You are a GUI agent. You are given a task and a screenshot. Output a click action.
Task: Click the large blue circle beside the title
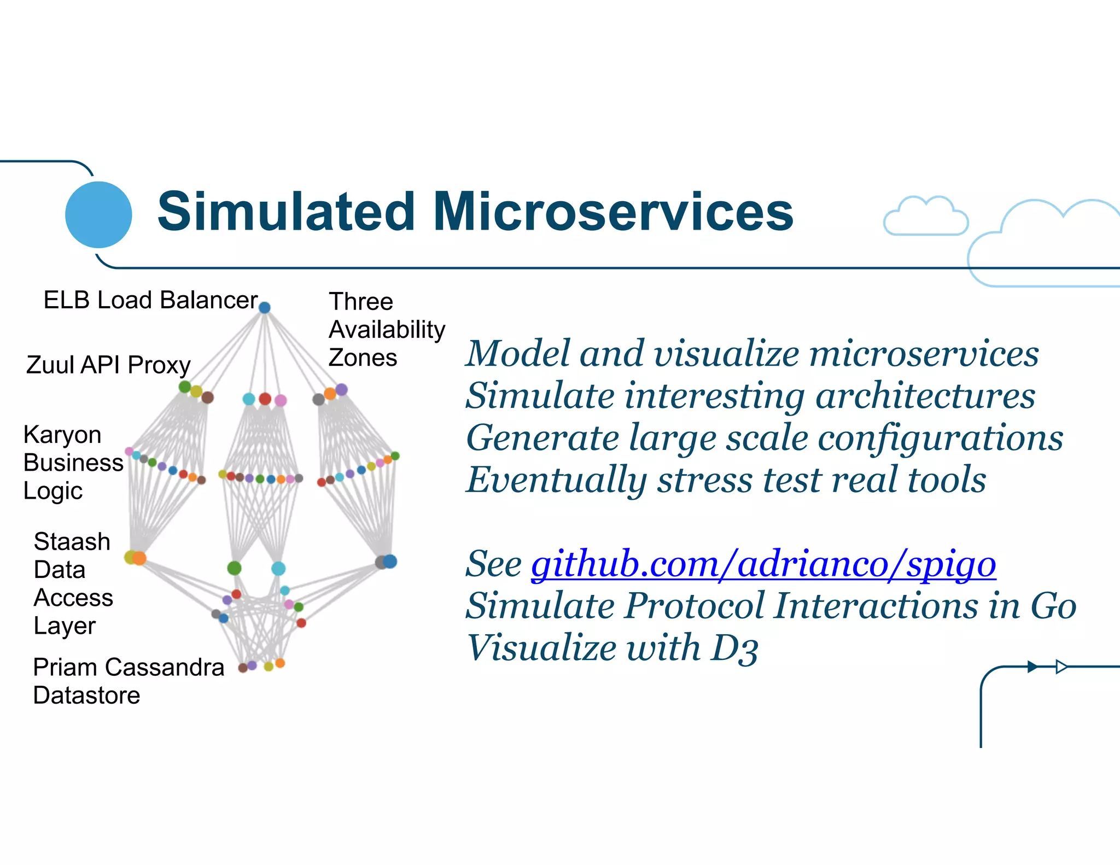coord(98,214)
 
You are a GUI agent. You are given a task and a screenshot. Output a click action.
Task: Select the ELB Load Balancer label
coord(150,300)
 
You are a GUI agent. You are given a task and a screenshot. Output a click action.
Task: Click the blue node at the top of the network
coord(265,307)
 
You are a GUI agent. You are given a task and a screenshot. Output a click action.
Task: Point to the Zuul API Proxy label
coord(108,365)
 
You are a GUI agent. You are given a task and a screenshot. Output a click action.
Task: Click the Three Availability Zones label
coord(386,330)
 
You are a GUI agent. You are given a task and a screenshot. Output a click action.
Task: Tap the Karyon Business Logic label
coord(72,463)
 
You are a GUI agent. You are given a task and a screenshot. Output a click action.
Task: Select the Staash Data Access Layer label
coord(73,583)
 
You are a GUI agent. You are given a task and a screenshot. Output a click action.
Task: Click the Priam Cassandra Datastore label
coord(128,681)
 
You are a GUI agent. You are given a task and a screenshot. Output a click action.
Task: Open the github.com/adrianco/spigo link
coord(763,564)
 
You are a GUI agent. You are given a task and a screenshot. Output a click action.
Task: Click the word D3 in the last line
coord(734,649)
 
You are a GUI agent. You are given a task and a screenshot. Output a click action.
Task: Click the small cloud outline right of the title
coord(925,217)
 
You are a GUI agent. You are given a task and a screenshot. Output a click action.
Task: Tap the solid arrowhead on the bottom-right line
coord(1032,667)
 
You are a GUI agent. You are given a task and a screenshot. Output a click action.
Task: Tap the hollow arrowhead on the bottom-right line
coord(1061,667)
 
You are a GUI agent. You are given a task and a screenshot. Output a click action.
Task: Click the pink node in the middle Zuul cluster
coord(281,400)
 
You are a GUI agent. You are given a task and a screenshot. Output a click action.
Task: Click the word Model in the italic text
coord(517,353)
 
